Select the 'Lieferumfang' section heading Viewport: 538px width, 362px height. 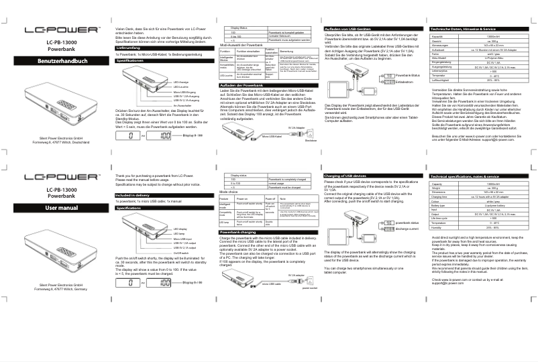127,48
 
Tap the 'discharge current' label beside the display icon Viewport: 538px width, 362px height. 408,229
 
